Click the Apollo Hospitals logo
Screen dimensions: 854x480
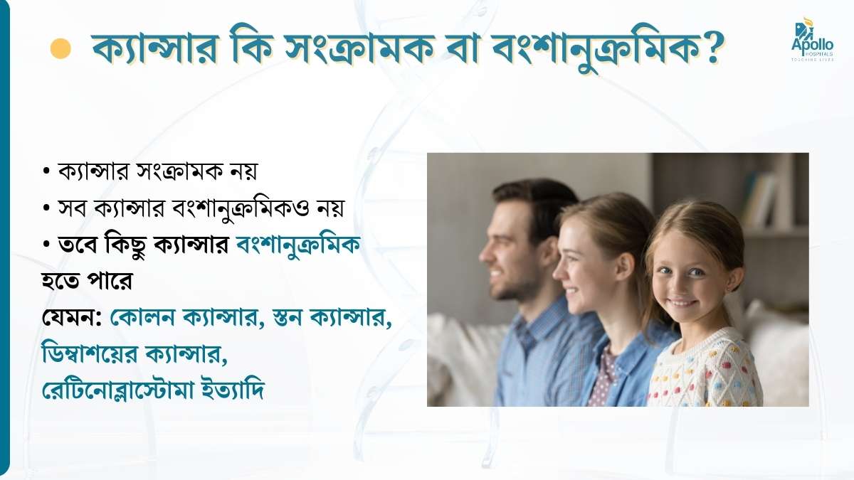click(x=812, y=39)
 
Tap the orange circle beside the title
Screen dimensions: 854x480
click(x=60, y=49)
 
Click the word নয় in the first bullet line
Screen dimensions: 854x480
click(x=244, y=171)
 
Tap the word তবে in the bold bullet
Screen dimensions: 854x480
click(x=78, y=245)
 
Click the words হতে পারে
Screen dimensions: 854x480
click(x=87, y=281)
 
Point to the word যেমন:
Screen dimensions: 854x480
click(x=71, y=317)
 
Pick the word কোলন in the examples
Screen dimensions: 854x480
click(x=142, y=316)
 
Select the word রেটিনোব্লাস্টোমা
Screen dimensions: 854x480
click(x=118, y=390)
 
